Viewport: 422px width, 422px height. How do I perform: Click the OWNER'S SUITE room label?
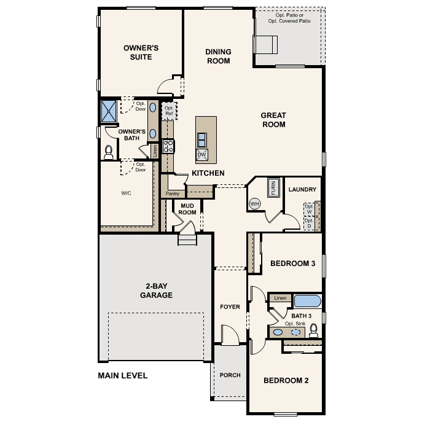(141, 52)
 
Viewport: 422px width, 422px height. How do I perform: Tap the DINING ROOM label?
(217, 57)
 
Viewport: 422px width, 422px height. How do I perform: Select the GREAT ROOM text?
(273, 120)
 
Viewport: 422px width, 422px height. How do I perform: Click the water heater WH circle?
(255, 203)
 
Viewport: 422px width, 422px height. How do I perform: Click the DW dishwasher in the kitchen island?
(201, 154)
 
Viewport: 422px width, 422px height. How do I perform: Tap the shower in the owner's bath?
(109, 111)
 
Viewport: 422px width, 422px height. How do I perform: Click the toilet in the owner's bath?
(109, 150)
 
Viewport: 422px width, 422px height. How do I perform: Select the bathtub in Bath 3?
(307, 301)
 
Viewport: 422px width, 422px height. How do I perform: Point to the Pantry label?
(172, 193)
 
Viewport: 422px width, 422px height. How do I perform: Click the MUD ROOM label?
(187, 209)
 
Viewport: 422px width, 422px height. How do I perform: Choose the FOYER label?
(230, 307)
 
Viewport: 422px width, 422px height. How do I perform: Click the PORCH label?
(230, 375)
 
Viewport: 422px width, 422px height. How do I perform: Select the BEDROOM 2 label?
(286, 380)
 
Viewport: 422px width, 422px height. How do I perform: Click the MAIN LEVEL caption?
(123, 375)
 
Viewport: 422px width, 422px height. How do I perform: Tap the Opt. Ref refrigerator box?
(168, 111)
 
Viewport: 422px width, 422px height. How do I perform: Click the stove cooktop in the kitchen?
(168, 146)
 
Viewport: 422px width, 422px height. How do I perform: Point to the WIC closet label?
(126, 193)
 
